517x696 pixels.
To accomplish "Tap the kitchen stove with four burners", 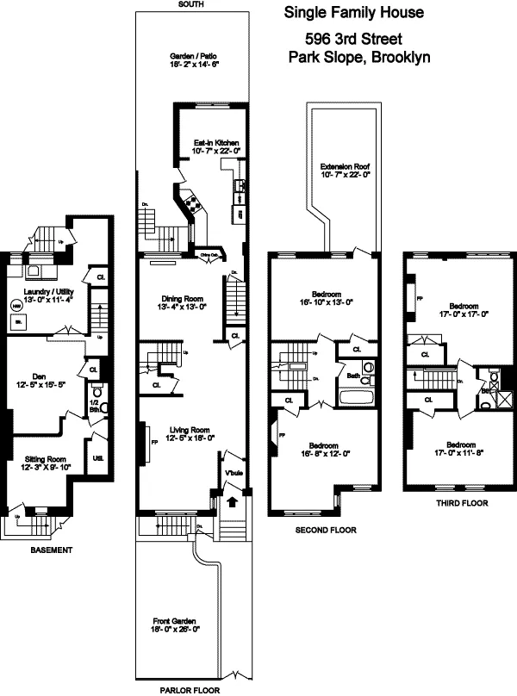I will pos(191,206).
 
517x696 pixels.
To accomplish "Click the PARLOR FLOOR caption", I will pos(190,690).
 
